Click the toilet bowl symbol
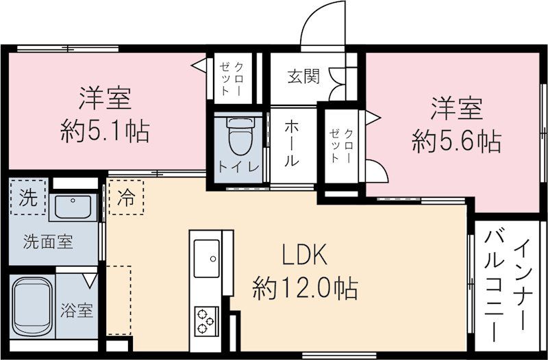240,136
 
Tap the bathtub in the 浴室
32,307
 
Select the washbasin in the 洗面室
73,207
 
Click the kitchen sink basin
207,259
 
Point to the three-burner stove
206,321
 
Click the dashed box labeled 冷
126,197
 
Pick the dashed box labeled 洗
28,197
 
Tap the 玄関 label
303,76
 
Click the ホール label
291,144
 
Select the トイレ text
239,166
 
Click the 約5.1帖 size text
105,131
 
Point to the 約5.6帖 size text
456,141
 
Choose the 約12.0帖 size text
306,288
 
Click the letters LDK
305,255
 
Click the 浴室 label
77,310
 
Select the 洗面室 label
48,242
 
